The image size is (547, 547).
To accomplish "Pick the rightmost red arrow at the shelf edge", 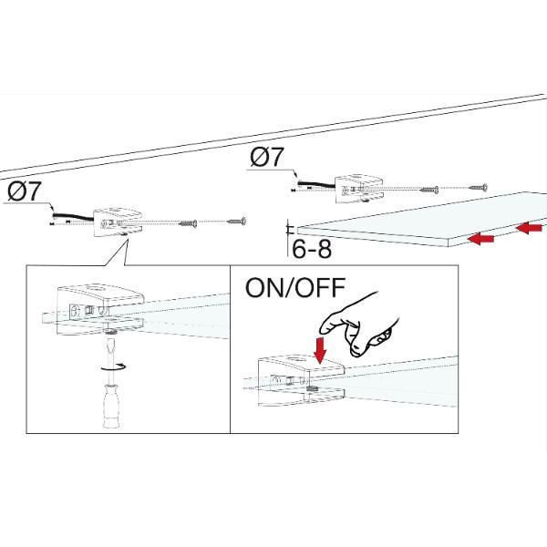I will [x=531, y=225].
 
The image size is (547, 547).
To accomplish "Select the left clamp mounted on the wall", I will [x=118, y=222].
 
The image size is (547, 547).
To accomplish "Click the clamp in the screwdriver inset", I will [x=96, y=310].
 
